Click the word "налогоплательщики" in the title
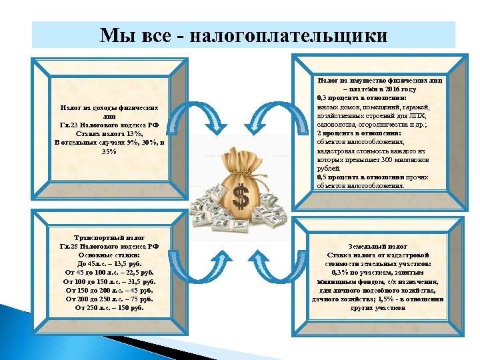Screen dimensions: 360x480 (289, 35)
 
